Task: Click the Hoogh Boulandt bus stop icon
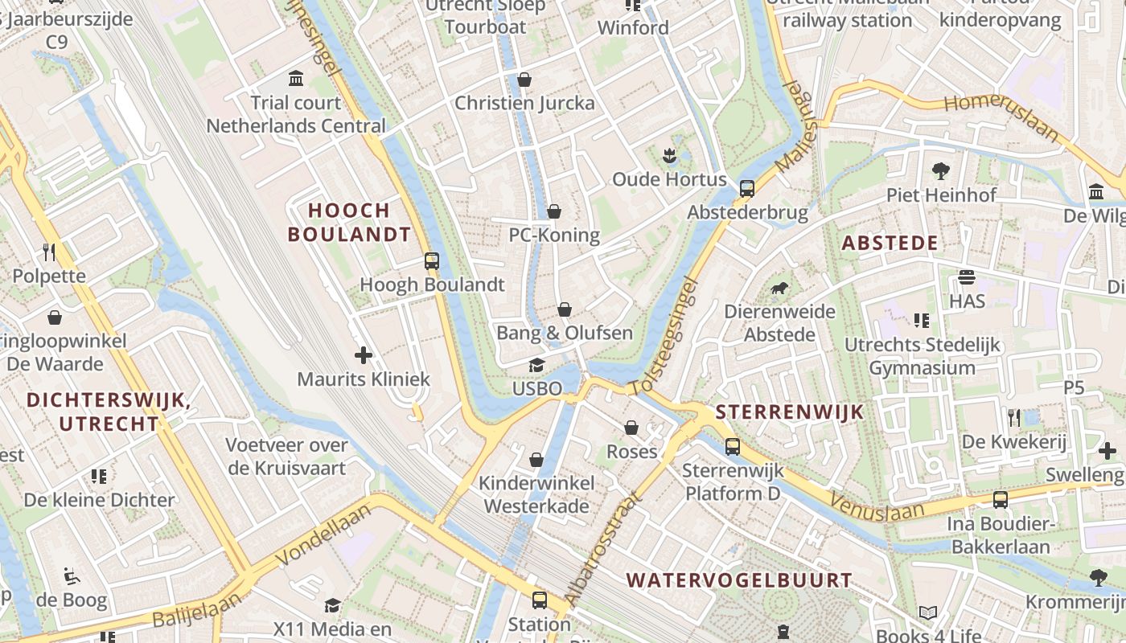pyautogui.click(x=432, y=260)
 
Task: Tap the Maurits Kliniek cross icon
pyautogui.click(x=364, y=354)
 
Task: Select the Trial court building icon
pyautogui.click(x=296, y=79)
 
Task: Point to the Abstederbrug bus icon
pyautogui.click(x=747, y=189)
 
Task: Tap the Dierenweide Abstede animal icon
pyautogui.click(x=779, y=289)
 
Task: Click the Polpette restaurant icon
pyautogui.click(x=49, y=252)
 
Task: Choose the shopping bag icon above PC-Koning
pyautogui.click(x=553, y=211)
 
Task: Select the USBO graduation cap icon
pyautogui.click(x=536, y=366)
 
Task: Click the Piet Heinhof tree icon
pyautogui.click(x=940, y=171)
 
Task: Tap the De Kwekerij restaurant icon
pyautogui.click(x=1013, y=418)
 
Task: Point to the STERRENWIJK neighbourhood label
pyautogui.click(x=789, y=412)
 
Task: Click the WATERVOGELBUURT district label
pyautogui.click(x=738, y=580)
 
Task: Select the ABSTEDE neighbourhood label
pyautogui.click(x=890, y=244)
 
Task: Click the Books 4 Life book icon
pyautogui.click(x=928, y=612)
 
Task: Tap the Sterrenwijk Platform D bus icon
pyautogui.click(x=732, y=447)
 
